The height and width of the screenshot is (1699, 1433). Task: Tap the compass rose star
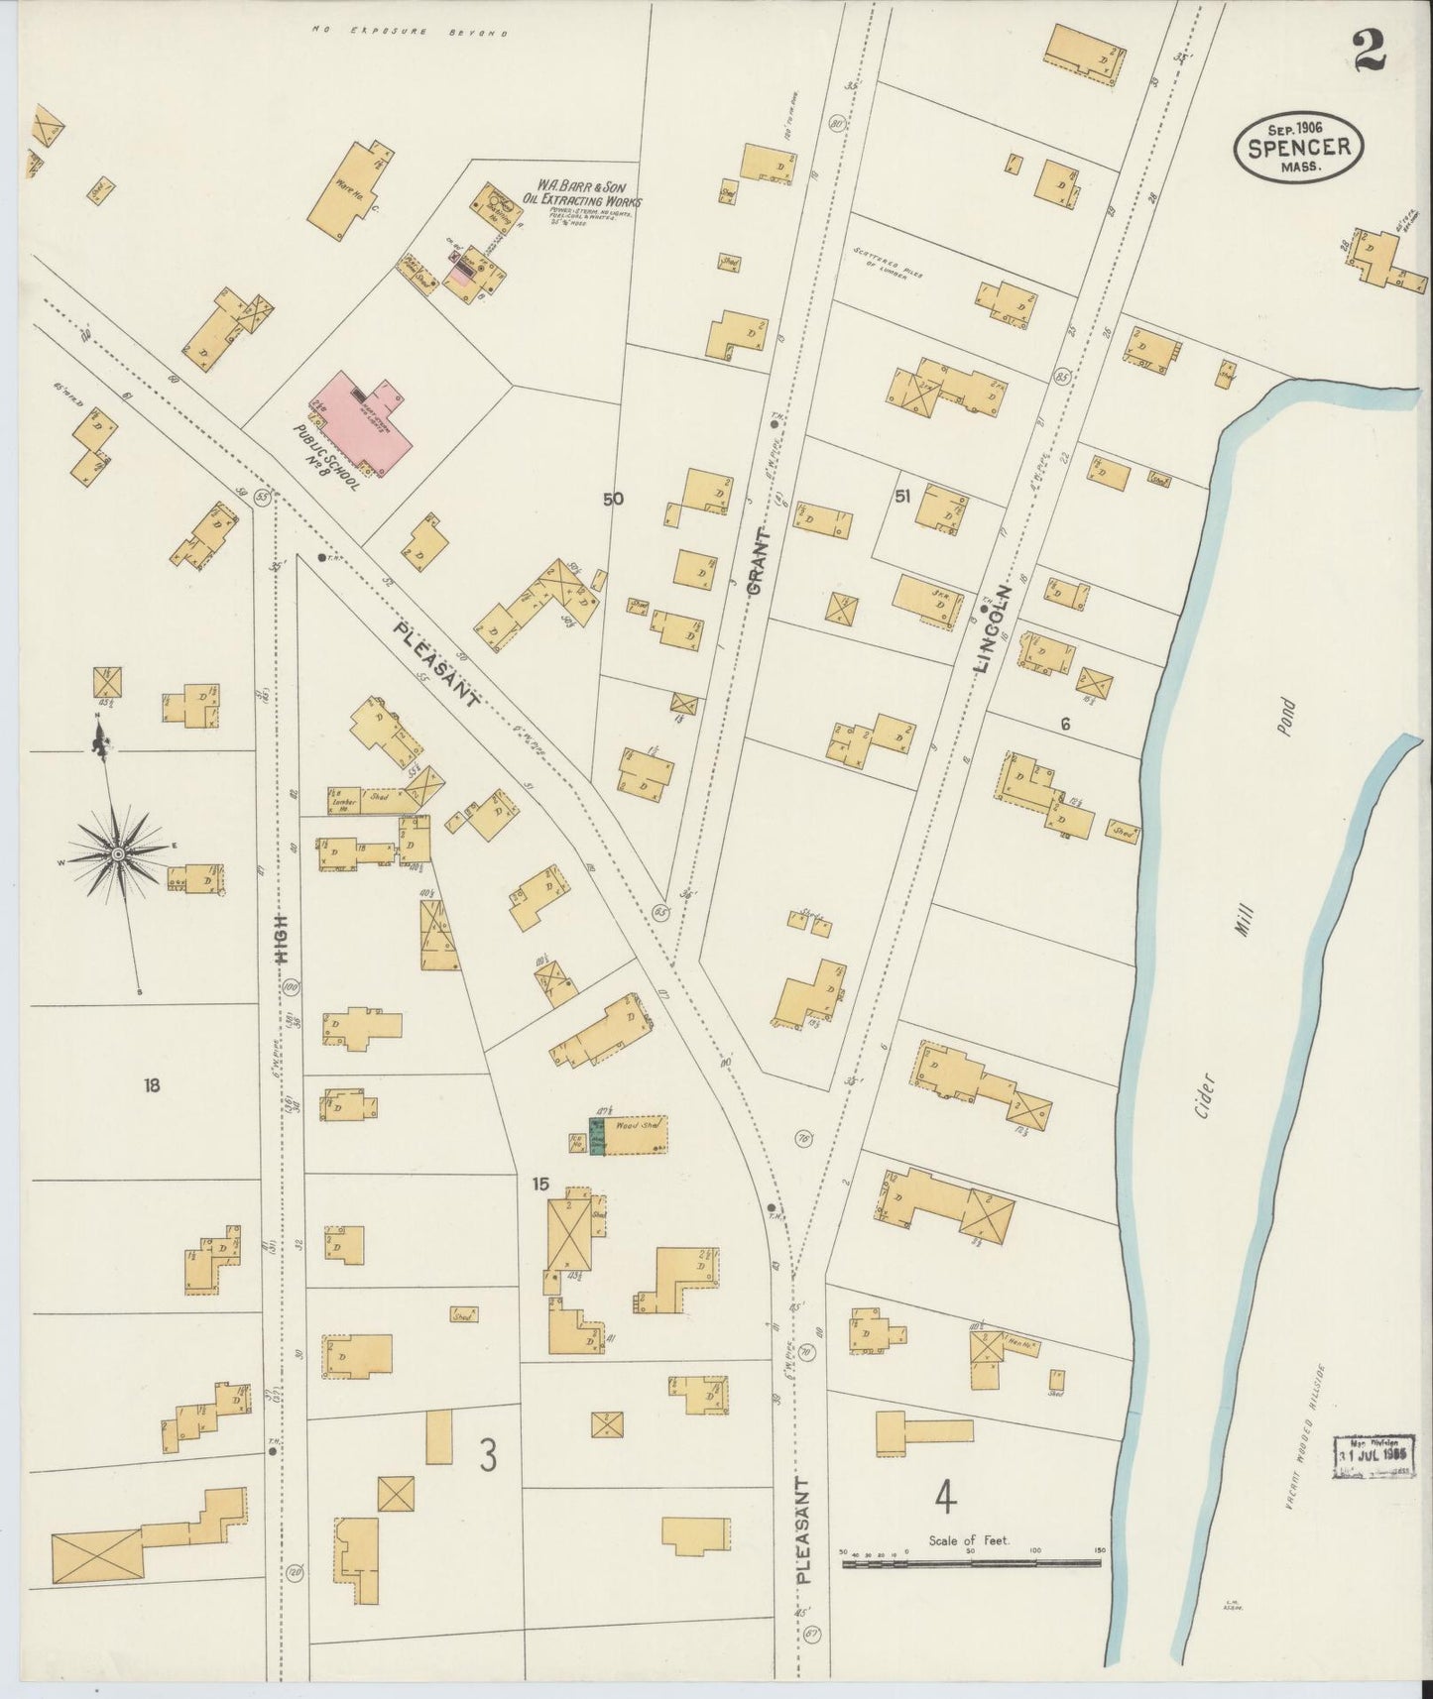pos(117,853)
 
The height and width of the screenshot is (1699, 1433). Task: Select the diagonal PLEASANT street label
pos(436,662)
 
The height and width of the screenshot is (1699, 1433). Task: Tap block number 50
pos(613,499)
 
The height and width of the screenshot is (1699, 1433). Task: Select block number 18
pos(151,1084)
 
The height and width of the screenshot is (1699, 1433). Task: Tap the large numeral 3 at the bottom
pos(488,1455)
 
